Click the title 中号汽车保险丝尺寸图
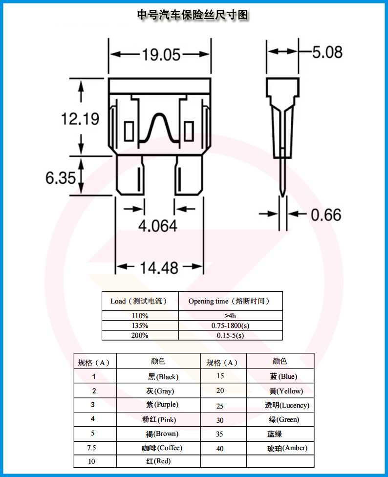click(194, 15)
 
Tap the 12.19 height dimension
click(80, 118)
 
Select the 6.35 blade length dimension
click(61, 177)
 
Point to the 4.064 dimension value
click(157, 226)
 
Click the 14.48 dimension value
click(159, 267)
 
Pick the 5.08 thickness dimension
click(327, 52)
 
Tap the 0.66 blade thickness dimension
click(326, 215)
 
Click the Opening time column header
click(229, 301)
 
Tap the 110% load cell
click(140, 316)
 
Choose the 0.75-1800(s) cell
click(230, 325)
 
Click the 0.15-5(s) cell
click(230, 335)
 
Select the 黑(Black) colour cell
click(163, 377)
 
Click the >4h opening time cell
click(230, 316)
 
